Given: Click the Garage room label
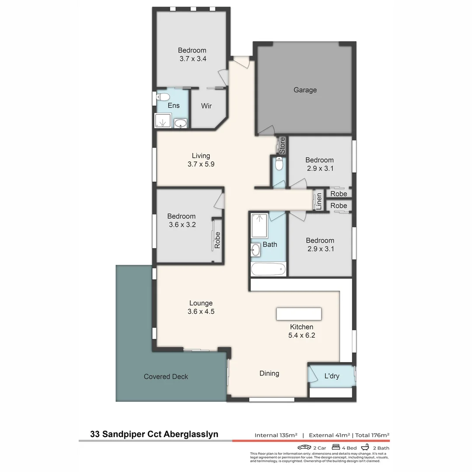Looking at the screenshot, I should [305, 90].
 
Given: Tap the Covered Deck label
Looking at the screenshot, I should [166, 376].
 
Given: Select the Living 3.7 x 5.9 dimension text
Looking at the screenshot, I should [201, 164].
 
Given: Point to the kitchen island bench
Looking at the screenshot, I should [298, 314].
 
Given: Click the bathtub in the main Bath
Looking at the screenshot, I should [268, 269].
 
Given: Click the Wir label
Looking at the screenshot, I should [206, 106].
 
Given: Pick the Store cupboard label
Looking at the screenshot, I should [282, 145].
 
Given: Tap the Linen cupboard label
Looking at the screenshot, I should [319, 201].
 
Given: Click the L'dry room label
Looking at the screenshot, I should [332, 376].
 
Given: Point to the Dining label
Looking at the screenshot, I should [269, 373].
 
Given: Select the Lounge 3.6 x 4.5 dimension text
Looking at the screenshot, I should [201, 312].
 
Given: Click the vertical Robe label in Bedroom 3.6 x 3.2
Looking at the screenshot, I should [217, 240].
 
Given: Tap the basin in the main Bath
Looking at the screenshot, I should [256, 250].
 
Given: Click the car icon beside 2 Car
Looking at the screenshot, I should [304, 448].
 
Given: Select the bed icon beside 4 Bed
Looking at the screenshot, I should [336, 448].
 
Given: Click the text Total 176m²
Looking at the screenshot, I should [372, 435].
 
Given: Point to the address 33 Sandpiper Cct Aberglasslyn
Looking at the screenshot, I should [154, 434].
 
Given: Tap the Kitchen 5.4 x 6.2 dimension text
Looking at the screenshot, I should [302, 336].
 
